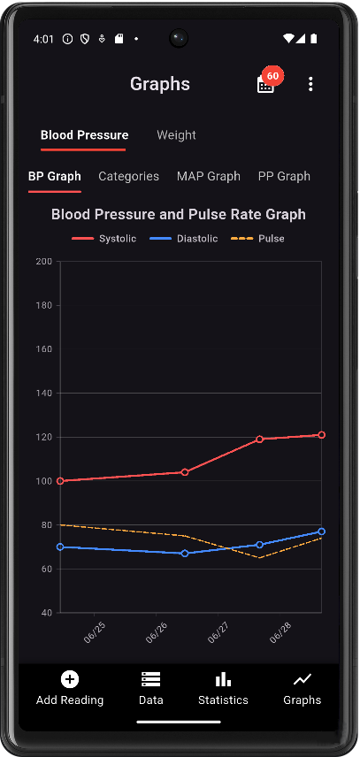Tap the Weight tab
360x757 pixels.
tap(176, 135)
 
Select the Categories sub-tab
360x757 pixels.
tap(129, 176)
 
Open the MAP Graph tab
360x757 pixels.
tap(209, 176)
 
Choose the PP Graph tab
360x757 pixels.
tap(284, 176)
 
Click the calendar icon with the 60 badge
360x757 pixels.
tap(266, 85)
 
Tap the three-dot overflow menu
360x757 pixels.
tap(310, 84)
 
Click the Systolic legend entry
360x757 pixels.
tap(103, 239)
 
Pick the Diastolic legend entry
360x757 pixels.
tap(183, 239)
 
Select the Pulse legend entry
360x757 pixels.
tap(257, 239)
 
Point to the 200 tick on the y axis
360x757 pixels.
tap(44, 262)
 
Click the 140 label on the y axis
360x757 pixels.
tap(44, 393)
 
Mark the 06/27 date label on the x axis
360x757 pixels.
tap(218, 632)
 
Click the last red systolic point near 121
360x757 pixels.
tap(321, 435)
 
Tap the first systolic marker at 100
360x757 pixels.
tap(60, 481)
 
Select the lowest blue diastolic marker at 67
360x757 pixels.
tap(185, 554)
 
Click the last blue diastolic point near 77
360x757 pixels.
tap(321, 531)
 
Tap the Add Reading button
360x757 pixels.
tap(70, 689)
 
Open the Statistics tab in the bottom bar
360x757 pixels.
tap(223, 689)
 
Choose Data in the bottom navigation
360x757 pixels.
tap(151, 689)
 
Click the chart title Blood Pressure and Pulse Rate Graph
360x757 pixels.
tap(179, 214)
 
